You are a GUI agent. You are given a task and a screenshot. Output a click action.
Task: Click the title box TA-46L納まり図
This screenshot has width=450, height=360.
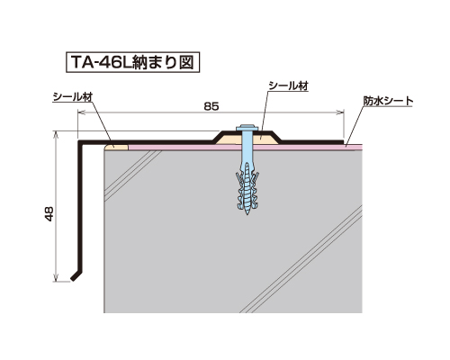[x=132, y=62]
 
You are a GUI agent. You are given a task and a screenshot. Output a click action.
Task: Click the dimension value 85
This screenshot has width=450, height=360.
[x=211, y=106]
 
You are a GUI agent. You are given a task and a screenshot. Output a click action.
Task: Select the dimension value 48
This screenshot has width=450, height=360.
[x=49, y=214]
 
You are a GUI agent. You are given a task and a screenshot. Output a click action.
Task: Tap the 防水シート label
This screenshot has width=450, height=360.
[x=389, y=101]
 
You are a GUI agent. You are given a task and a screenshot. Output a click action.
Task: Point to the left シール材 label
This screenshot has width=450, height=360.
[x=73, y=96]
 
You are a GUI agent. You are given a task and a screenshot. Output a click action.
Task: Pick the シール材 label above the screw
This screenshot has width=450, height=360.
[x=288, y=85]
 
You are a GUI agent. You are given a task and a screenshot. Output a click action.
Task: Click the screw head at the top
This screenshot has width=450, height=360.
[x=247, y=128]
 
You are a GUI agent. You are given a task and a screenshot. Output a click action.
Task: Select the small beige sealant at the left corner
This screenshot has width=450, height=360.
[x=117, y=147]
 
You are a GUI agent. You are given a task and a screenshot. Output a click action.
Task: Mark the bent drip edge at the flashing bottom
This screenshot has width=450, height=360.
[x=76, y=276]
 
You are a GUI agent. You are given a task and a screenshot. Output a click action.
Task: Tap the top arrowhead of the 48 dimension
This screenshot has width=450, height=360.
[x=56, y=134]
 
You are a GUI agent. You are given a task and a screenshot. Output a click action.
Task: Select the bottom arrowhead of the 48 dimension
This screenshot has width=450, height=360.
[x=56, y=278]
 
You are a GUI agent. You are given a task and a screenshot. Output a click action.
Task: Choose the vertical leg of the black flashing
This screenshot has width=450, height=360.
[x=80, y=207]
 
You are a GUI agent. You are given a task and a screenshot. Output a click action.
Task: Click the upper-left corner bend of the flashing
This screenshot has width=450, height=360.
[x=79, y=141]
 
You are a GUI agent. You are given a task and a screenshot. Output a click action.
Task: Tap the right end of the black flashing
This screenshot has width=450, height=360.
[x=342, y=141]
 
